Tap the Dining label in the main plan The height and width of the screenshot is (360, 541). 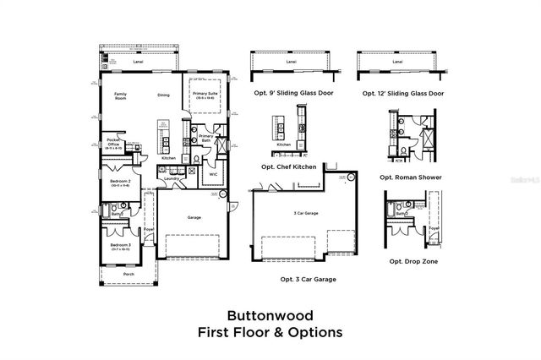163,95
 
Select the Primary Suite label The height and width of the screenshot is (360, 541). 205,95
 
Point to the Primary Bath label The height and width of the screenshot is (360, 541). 206,138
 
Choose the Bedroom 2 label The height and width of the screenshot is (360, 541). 118,181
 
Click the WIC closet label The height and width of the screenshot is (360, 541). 214,174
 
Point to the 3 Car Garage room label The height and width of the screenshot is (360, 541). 305,213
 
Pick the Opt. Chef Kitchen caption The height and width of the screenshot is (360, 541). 292,166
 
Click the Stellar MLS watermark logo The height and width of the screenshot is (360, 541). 521,180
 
